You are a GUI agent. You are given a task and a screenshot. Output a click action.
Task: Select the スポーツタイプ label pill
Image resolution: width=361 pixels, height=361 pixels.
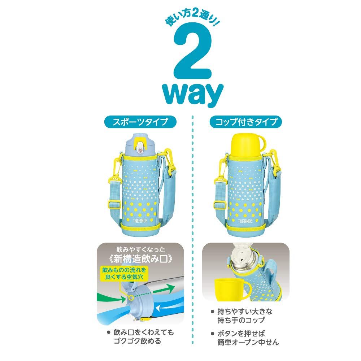[140, 122]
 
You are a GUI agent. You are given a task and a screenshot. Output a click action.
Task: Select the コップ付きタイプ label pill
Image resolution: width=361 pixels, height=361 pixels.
[245, 122]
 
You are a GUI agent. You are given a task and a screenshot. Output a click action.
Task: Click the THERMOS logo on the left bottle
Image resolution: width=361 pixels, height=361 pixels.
[140, 221]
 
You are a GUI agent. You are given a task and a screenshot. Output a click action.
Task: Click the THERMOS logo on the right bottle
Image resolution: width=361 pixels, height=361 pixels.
[245, 221]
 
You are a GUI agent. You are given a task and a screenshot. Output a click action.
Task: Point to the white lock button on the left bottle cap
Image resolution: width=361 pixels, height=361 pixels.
[140, 147]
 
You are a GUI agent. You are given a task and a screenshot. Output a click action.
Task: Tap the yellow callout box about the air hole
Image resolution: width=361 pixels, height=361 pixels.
[124, 274]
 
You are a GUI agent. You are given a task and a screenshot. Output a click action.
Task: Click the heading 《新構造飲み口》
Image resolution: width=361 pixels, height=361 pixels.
[140, 259]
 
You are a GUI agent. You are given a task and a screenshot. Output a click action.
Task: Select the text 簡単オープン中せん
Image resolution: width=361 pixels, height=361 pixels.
[248, 342]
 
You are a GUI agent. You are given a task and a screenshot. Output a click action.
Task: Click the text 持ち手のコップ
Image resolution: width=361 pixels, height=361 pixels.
[241, 320]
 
